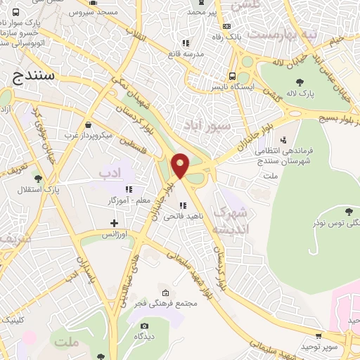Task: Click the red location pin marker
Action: click(181, 165)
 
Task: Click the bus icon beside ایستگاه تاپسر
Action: click(231, 77)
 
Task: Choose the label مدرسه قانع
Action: click(185, 53)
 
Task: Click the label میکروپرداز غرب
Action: click(86, 134)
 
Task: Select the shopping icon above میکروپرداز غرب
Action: click(86, 124)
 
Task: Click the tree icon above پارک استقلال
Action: click(38, 179)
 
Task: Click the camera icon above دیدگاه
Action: click(144, 326)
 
